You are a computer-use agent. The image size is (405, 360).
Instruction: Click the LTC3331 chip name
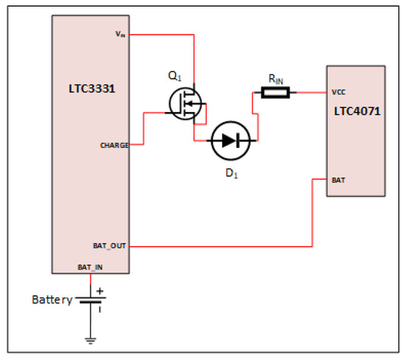[x=92, y=88]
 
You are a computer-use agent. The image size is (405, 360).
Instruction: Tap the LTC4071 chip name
[x=357, y=111]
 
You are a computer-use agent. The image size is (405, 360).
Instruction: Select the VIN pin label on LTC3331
[x=120, y=34]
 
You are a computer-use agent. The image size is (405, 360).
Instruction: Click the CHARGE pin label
[x=114, y=145]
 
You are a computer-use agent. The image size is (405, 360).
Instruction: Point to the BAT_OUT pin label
[x=110, y=246]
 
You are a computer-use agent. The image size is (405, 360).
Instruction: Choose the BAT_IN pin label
[x=90, y=267]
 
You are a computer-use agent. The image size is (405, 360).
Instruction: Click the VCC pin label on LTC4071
[x=339, y=92]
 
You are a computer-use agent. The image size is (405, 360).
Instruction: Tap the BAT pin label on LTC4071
[x=339, y=180]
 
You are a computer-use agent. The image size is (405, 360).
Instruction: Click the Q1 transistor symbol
[x=185, y=104]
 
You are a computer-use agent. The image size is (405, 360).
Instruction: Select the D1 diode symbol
[x=230, y=141]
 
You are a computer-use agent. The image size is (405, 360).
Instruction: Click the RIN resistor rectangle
[x=275, y=93]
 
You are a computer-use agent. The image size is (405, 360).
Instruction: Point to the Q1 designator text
[x=175, y=76]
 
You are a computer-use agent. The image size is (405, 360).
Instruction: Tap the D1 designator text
[x=232, y=173]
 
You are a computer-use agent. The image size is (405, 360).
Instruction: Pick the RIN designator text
[x=276, y=79]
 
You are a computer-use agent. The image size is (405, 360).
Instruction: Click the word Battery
[x=52, y=300]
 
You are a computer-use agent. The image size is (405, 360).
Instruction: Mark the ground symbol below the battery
[x=91, y=341]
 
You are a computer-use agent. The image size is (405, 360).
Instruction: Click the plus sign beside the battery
[x=99, y=291]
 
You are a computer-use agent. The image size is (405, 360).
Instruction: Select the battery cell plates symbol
[x=91, y=300]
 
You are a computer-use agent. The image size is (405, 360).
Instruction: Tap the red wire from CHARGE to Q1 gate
[x=144, y=129]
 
